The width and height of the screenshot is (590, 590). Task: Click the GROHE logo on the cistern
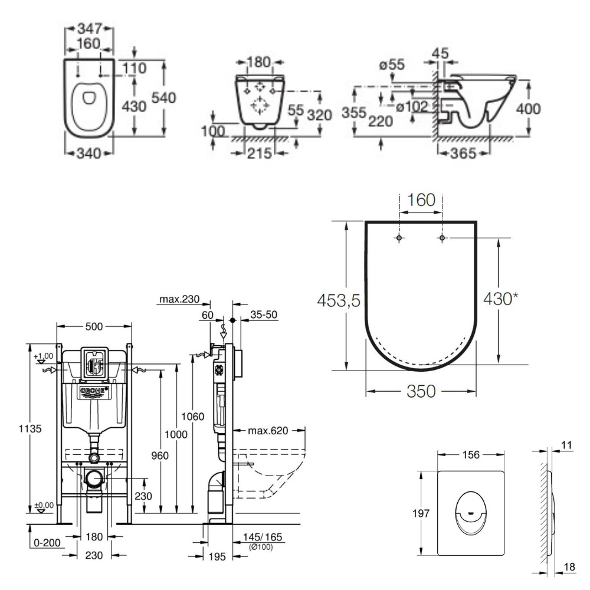(94, 391)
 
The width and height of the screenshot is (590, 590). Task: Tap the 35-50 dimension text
(262, 314)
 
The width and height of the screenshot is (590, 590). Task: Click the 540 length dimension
(165, 98)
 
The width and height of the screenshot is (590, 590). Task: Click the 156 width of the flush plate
(470, 454)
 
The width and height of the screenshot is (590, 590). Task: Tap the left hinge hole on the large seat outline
(400, 238)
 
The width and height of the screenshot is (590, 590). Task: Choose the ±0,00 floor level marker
(42, 506)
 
